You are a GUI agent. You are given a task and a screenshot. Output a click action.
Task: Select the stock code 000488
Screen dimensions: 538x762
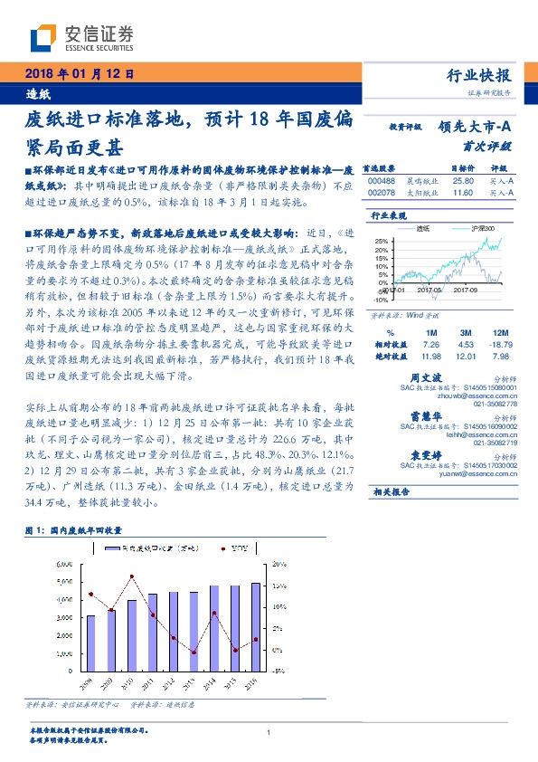click(381, 180)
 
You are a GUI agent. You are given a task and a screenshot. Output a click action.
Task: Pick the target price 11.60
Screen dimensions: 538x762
click(462, 192)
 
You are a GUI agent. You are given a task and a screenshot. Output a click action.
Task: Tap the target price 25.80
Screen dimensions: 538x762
click(462, 180)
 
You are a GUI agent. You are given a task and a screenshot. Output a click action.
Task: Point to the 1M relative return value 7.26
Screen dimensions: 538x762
click(429, 344)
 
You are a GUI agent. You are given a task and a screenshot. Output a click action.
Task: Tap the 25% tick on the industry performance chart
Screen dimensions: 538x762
click(382, 241)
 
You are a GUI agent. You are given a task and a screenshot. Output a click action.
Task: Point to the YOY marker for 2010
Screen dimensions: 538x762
click(132, 576)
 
